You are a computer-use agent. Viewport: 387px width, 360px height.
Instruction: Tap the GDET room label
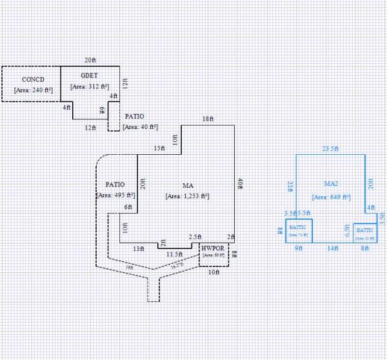pyautogui.click(x=90, y=75)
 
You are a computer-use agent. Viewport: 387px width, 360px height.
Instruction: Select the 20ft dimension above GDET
pyautogui.click(x=90, y=60)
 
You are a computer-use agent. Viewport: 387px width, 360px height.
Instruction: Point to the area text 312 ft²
pyautogui.click(x=90, y=86)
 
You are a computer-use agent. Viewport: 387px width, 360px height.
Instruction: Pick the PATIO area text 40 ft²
pyautogui.click(x=140, y=127)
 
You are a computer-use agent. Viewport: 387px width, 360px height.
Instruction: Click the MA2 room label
pyautogui.click(x=331, y=185)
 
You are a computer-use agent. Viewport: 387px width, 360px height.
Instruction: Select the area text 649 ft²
pyautogui.click(x=331, y=197)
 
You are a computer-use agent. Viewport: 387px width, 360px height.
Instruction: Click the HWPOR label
pyautogui.click(x=212, y=248)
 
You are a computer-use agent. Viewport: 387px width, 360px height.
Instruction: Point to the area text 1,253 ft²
pyautogui.click(x=187, y=195)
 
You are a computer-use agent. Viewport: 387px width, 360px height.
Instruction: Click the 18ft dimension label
pyautogui.click(x=208, y=119)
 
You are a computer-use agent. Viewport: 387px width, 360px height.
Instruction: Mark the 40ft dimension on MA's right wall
pyautogui.click(x=240, y=183)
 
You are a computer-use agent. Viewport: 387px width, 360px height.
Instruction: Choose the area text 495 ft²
pyautogui.click(x=116, y=195)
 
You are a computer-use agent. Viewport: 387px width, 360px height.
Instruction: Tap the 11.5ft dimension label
pyautogui.click(x=174, y=255)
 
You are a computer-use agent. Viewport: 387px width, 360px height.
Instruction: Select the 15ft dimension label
pyautogui.click(x=159, y=149)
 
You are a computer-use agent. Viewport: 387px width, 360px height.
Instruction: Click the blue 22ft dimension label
pyautogui.click(x=290, y=186)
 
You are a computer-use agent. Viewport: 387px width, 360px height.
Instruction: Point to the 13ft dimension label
pyautogui.click(x=138, y=248)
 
